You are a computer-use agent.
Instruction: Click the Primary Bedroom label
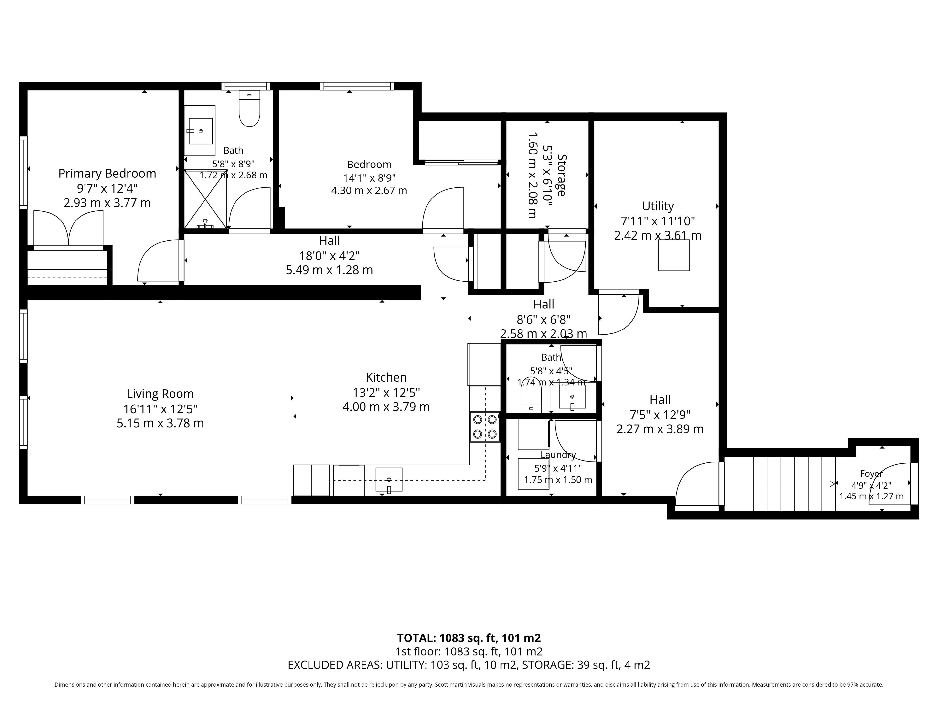(x=107, y=174)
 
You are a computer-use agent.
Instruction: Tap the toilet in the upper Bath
(x=249, y=108)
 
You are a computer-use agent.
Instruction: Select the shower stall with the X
(x=206, y=199)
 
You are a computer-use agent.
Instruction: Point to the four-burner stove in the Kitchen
(x=485, y=427)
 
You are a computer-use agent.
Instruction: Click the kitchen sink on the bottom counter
(x=389, y=480)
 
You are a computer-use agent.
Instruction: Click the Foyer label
(x=871, y=473)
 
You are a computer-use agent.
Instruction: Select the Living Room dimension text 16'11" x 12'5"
(x=160, y=409)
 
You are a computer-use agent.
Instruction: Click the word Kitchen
(x=386, y=377)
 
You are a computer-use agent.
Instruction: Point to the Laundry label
(x=558, y=455)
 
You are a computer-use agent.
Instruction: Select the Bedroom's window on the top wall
(x=357, y=86)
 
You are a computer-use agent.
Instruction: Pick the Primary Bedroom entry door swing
(x=158, y=260)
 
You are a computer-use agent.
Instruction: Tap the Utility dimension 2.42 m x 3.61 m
(x=658, y=235)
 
